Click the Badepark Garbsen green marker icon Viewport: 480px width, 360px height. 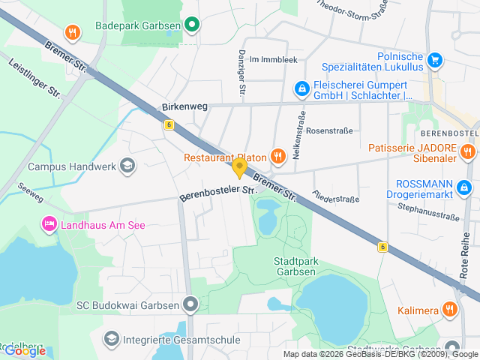(192, 25)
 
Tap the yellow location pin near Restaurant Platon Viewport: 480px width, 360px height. (239, 167)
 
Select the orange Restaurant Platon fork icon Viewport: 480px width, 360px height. (277, 157)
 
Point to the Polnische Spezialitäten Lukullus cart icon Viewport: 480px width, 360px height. (434, 59)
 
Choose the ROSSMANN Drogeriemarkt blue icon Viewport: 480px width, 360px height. (465, 187)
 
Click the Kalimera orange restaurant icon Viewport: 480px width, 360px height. (449, 309)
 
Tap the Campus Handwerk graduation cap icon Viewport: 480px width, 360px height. (127, 165)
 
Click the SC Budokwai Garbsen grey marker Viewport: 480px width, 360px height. (191, 304)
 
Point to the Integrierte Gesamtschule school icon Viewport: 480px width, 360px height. (112, 340)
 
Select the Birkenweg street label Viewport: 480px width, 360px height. (184, 107)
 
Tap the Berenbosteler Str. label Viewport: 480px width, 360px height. (214, 193)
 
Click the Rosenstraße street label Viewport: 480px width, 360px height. (329, 130)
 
